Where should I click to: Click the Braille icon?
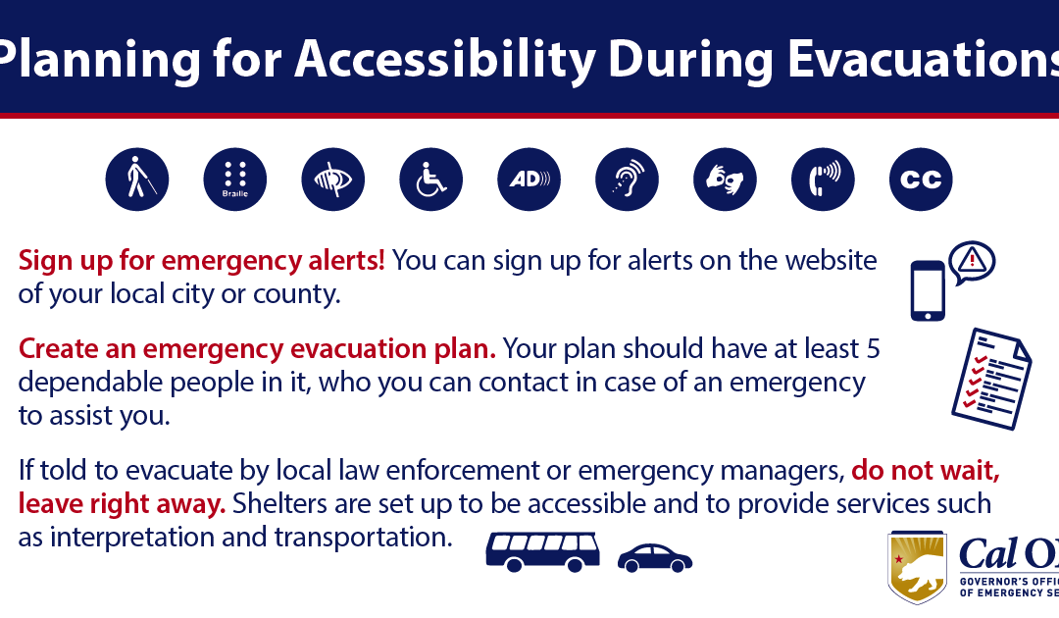[x=235, y=180]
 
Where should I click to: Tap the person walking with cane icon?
[x=137, y=180]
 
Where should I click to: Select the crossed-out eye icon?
[x=333, y=180]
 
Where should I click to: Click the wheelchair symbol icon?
[x=431, y=180]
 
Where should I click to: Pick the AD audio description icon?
[x=529, y=180]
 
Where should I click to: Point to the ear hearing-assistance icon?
[x=628, y=180]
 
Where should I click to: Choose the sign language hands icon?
[x=726, y=180]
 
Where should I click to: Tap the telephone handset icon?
[x=824, y=180]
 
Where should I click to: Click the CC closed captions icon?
[x=922, y=180]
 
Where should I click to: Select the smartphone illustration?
[x=927, y=290]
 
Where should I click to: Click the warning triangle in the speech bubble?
[x=972, y=260]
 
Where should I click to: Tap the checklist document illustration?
[x=991, y=379]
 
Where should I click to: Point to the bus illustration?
[x=542, y=551]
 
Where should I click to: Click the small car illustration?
[x=654, y=558]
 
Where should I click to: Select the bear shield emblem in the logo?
[x=918, y=566]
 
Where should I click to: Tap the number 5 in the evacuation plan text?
[x=874, y=348]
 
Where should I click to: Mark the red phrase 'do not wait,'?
[x=926, y=470]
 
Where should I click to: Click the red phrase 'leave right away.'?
[x=123, y=504]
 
